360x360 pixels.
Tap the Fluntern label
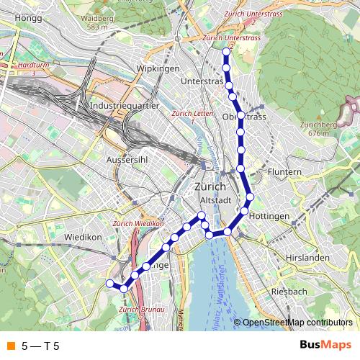(x=284, y=173)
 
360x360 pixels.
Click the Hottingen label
(x=271, y=216)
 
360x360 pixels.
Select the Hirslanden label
(x=307, y=257)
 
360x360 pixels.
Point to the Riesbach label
(x=289, y=292)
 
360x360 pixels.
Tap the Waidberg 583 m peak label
(x=99, y=22)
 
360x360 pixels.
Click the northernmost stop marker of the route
(x=226, y=52)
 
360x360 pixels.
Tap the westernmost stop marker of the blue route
(x=110, y=284)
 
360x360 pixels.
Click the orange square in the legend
(x=10, y=346)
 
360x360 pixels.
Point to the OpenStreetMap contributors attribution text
(x=297, y=323)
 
